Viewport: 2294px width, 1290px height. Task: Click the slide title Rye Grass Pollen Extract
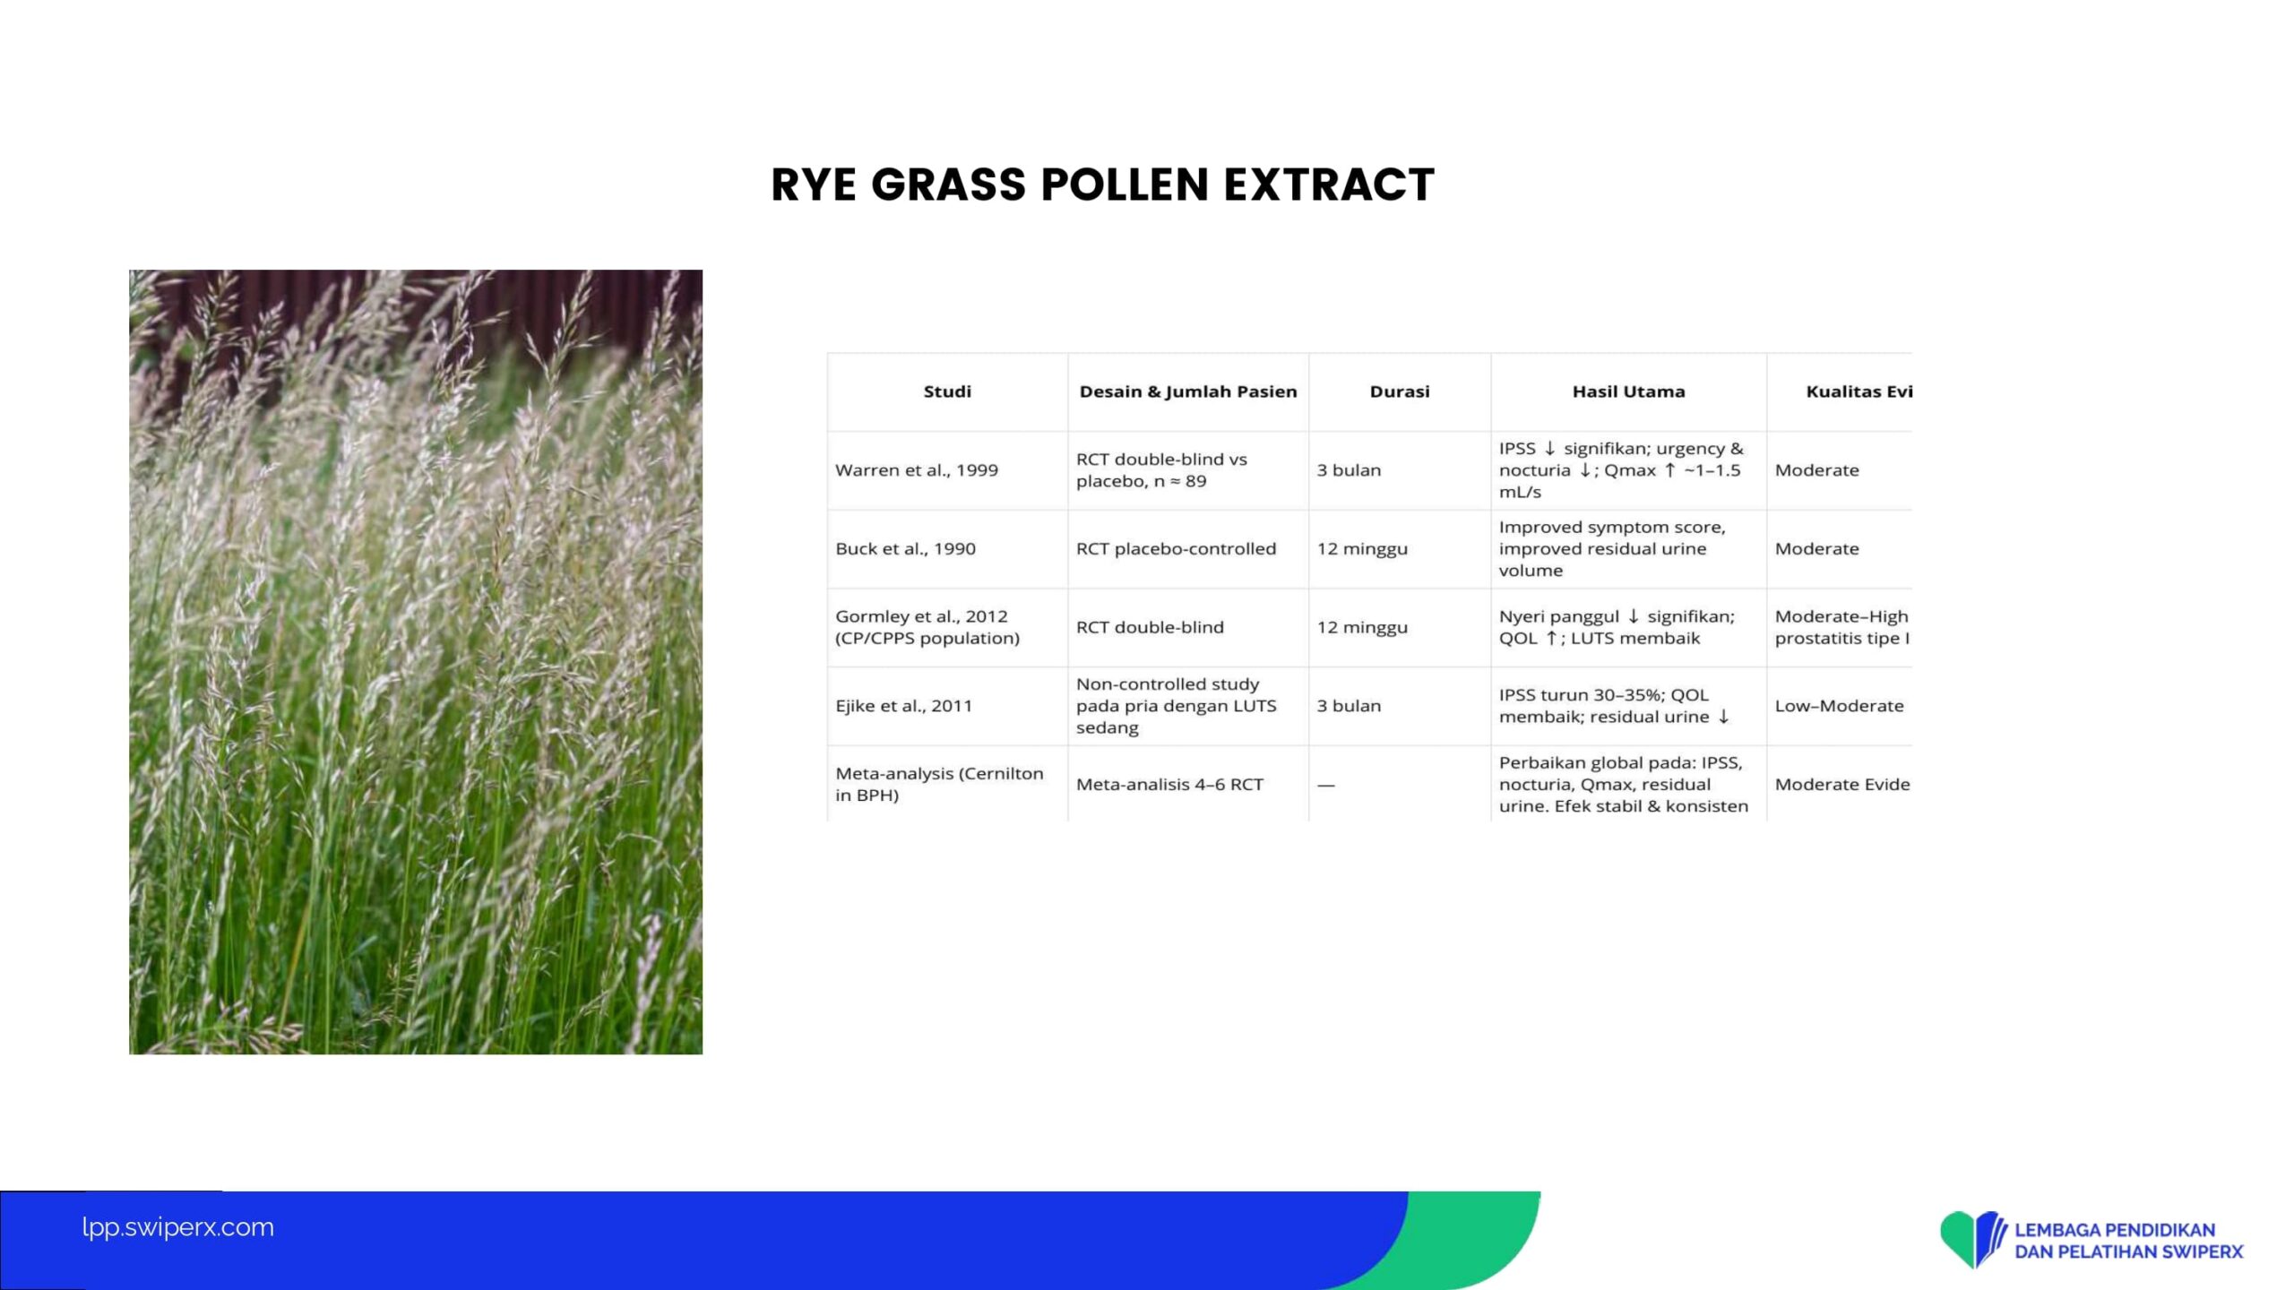1102,185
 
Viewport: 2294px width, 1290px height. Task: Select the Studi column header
947,391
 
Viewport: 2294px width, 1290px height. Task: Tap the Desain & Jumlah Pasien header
1188,391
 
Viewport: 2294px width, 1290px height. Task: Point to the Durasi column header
1400,391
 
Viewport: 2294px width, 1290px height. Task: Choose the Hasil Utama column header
1628,391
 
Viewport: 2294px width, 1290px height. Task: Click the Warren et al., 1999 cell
917,470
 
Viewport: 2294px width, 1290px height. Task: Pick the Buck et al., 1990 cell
905,549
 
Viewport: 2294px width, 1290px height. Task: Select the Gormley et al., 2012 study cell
927,627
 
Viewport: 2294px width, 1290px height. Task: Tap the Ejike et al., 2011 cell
903,706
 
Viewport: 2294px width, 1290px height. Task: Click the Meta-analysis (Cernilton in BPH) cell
939,784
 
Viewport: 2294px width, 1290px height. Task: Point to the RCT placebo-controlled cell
1176,549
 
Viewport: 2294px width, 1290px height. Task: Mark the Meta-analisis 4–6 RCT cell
1169,785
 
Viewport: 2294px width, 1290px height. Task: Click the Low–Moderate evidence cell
1839,706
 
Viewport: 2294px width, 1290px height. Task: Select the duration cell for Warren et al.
1349,470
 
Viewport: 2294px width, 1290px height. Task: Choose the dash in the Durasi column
1326,785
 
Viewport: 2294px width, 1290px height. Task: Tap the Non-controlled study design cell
1176,706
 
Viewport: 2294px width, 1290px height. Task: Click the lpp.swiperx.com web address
177,1227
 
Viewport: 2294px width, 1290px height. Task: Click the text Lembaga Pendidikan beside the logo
2115,1230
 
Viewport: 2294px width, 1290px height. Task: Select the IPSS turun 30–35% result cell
1614,706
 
